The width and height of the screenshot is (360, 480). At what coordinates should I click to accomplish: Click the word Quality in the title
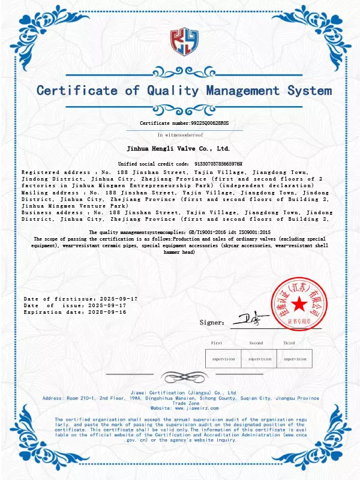171,91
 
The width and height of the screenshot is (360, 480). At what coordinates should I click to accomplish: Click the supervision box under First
224,359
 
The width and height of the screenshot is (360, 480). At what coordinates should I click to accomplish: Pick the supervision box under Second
260,359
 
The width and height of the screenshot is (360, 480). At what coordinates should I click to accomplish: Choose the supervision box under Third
295,359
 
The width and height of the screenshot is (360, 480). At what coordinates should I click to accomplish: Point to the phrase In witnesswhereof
181,135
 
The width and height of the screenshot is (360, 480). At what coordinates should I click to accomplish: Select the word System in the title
304,91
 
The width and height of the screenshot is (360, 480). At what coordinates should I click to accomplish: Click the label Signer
212,323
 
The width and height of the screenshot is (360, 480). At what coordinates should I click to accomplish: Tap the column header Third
289,343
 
